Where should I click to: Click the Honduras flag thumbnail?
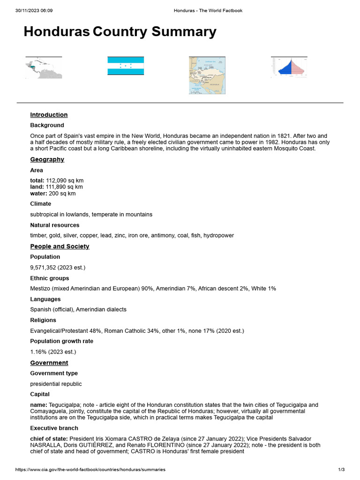click(x=126, y=66)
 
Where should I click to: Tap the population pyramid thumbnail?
click(x=289, y=67)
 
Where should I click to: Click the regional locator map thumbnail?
click(x=44, y=68)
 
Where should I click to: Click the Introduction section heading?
click(x=49, y=115)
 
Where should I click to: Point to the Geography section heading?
click(x=47, y=159)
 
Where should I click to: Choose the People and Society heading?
click(x=60, y=247)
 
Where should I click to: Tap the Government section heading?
click(x=49, y=363)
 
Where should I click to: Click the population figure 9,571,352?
click(x=45, y=267)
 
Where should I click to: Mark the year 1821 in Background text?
click(x=276, y=135)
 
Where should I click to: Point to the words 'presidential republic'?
click(x=56, y=384)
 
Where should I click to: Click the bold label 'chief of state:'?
click(x=49, y=439)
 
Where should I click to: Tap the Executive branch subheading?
click(x=54, y=428)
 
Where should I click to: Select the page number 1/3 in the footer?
click(x=341, y=470)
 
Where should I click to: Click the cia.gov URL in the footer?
click(x=90, y=470)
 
